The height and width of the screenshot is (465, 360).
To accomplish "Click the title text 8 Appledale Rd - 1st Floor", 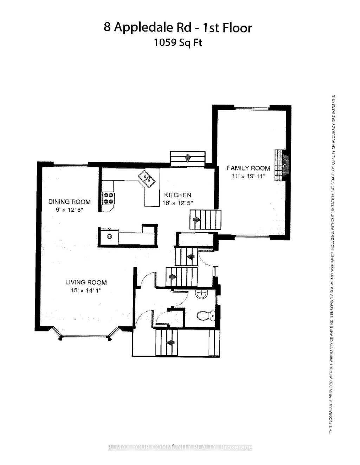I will [x=178, y=28].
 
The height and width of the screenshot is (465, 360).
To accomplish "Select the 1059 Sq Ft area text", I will [x=178, y=43].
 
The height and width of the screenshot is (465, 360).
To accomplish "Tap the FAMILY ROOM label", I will [x=248, y=168].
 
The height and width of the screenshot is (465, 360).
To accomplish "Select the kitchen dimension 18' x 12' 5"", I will [x=178, y=203].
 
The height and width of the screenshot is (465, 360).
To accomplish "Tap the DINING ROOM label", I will [x=69, y=202].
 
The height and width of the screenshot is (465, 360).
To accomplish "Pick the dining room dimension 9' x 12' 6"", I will [x=69, y=210].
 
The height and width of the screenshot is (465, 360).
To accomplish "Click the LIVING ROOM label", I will [x=86, y=282].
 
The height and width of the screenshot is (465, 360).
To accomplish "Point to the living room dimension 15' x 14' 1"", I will [x=86, y=290].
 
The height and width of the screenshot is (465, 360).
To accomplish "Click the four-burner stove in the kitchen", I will [x=108, y=198].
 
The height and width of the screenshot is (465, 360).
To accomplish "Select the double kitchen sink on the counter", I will [x=147, y=178].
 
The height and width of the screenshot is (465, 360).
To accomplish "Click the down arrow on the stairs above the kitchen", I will [x=188, y=158].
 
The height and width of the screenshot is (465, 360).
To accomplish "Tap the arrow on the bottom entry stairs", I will [x=171, y=342].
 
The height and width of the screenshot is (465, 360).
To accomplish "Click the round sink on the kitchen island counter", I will [x=109, y=236].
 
